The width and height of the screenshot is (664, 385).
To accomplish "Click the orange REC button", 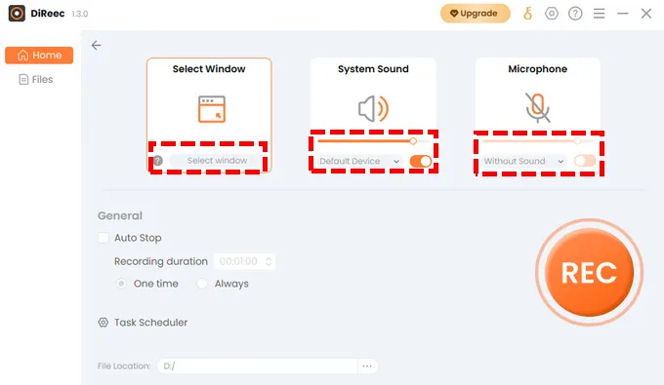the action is point(589,272).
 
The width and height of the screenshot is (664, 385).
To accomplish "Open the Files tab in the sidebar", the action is point(36,80).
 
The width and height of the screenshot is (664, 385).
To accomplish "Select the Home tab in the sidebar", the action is point(39,55).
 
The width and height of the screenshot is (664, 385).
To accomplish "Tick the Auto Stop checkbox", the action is point(104,238).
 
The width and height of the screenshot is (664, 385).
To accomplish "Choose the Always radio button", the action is point(202,284).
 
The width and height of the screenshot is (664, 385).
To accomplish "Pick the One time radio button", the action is point(121,284).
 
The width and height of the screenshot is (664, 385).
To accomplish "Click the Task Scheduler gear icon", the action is point(103,323).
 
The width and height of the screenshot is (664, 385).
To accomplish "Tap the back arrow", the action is point(96,45).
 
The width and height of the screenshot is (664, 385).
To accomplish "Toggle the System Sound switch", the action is point(421,161).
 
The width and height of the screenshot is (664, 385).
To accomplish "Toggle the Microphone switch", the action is point(585,161).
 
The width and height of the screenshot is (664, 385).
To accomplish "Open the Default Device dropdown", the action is point(359,161).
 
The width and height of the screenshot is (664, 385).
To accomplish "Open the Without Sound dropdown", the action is point(523,161).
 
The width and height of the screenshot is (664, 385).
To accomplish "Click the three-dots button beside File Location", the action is point(367,366).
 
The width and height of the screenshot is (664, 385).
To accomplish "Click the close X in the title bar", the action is point(646,14).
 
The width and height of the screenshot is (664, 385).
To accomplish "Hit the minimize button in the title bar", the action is point(623,14).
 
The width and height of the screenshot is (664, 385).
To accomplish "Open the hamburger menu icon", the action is point(599,14).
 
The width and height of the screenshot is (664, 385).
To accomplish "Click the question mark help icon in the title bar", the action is point(575,14).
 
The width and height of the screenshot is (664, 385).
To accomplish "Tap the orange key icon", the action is point(527,14).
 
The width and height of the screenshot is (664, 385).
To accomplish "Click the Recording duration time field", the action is point(245,261).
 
